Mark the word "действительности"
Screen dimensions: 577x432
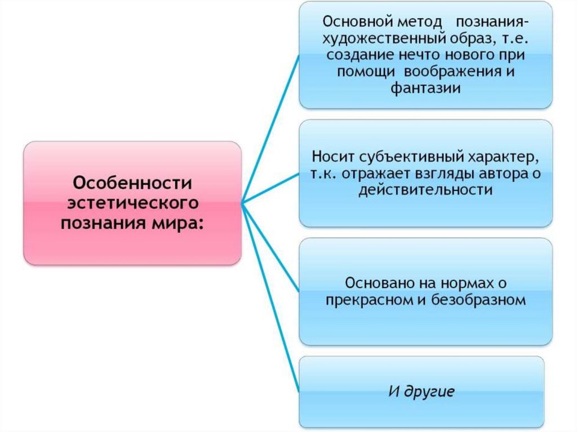coord(425,190)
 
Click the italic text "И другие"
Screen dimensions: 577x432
coord(421,391)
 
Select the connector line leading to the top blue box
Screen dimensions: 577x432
coord(270,130)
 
